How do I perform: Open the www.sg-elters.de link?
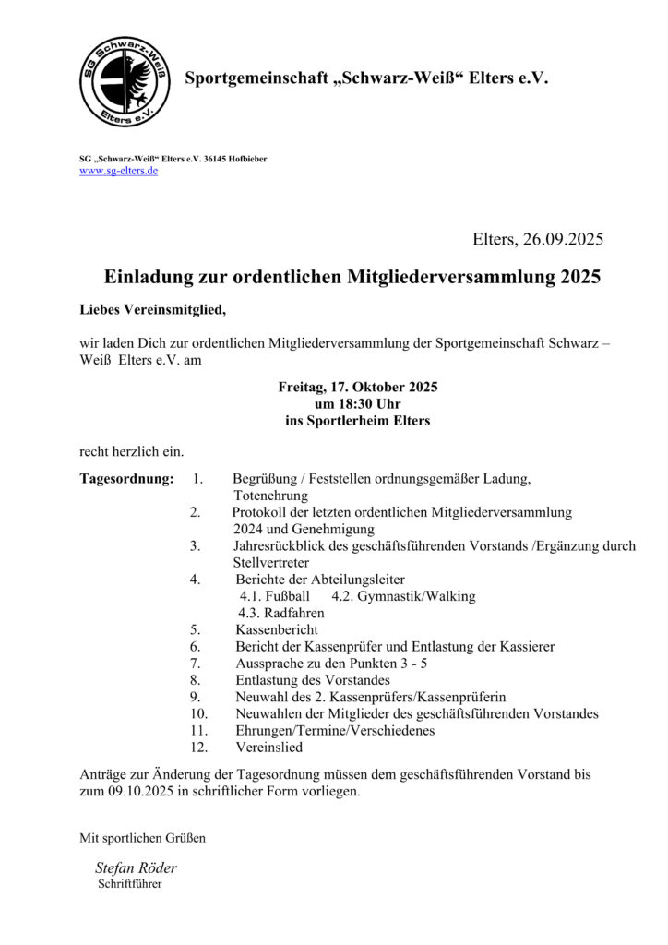[x=118, y=172]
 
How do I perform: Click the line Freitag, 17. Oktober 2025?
[x=358, y=388]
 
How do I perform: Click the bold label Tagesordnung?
[x=126, y=479]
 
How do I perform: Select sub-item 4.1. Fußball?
[x=275, y=596]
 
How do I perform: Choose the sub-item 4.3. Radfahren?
[x=281, y=613]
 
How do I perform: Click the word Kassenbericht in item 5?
[x=278, y=629]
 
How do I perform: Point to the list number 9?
[x=195, y=697]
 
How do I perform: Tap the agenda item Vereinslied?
[x=268, y=748]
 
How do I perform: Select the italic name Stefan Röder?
[x=136, y=868]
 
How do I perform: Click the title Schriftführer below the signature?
[x=130, y=884]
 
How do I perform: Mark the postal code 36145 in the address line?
[x=218, y=160]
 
